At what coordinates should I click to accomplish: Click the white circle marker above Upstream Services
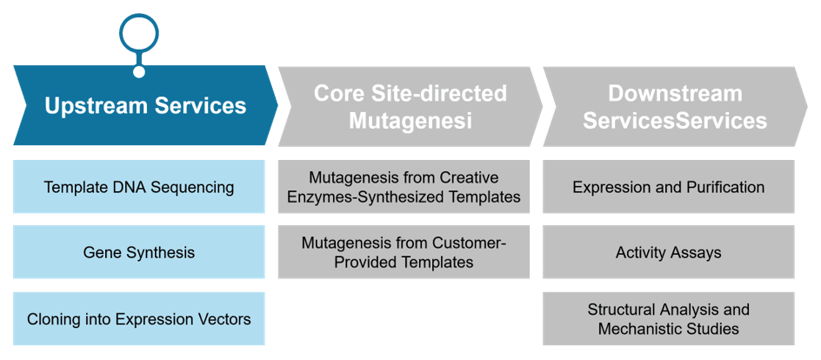[x=139, y=33]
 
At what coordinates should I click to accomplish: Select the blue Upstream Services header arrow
[x=145, y=106]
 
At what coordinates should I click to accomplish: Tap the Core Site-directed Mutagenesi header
[x=410, y=106]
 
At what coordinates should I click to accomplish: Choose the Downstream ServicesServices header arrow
[x=675, y=106]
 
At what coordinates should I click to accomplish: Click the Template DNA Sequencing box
[x=139, y=187]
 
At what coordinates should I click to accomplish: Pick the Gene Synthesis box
[x=139, y=253]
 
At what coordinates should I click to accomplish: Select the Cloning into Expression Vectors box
[x=139, y=319]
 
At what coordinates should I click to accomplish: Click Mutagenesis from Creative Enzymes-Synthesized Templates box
[x=404, y=187]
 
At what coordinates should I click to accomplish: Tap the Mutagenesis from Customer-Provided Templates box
[x=404, y=253]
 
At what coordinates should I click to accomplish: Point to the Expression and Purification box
[x=668, y=187]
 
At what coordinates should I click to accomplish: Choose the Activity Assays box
[x=668, y=253]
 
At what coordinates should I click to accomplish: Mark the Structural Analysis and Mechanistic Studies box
[x=668, y=319]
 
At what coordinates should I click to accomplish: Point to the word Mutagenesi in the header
[x=410, y=121]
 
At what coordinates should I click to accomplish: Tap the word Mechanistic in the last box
[x=642, y=329]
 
